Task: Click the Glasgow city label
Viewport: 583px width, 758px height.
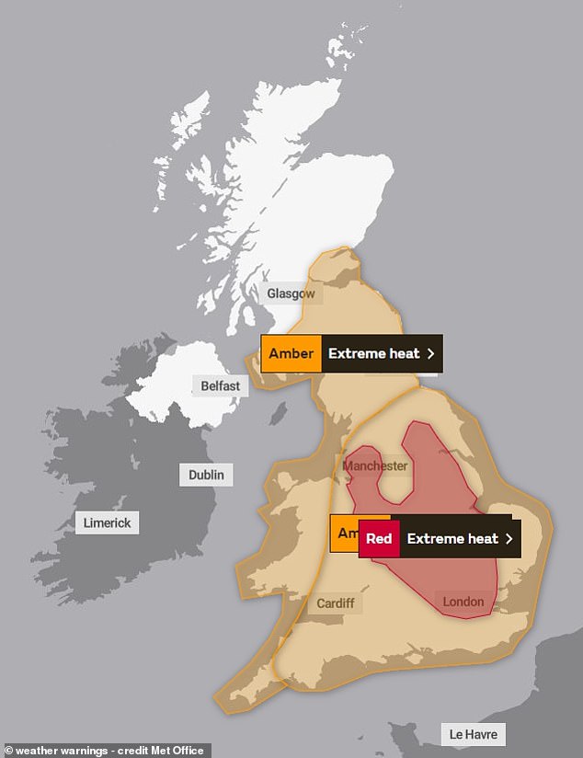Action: tap(291, 294)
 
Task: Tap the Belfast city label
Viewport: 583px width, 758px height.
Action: tap(220, 385)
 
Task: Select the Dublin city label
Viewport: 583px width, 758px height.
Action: tap(206, 475)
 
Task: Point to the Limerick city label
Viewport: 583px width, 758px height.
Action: tap(107, 523)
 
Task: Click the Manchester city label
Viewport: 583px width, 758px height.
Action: tap(374, 466)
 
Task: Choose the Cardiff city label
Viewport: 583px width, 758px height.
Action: tap(335, 603)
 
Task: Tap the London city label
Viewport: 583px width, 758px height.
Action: tap(463, 602)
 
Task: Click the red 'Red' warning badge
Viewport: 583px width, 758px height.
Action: tap(379, 539)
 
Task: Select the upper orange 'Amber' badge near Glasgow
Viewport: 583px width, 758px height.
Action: tap(291, 353)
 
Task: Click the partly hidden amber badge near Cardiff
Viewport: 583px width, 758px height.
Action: tap(344, 534)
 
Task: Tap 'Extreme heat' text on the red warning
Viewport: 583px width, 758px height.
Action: tap(452, 539)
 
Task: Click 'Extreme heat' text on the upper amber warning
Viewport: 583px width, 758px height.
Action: tap(373, 353)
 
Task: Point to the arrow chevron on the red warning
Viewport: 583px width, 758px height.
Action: tap(508, 539)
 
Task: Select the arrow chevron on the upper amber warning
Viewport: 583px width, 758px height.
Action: tap(429, 353)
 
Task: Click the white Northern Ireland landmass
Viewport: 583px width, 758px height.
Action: tap(175, 386)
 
